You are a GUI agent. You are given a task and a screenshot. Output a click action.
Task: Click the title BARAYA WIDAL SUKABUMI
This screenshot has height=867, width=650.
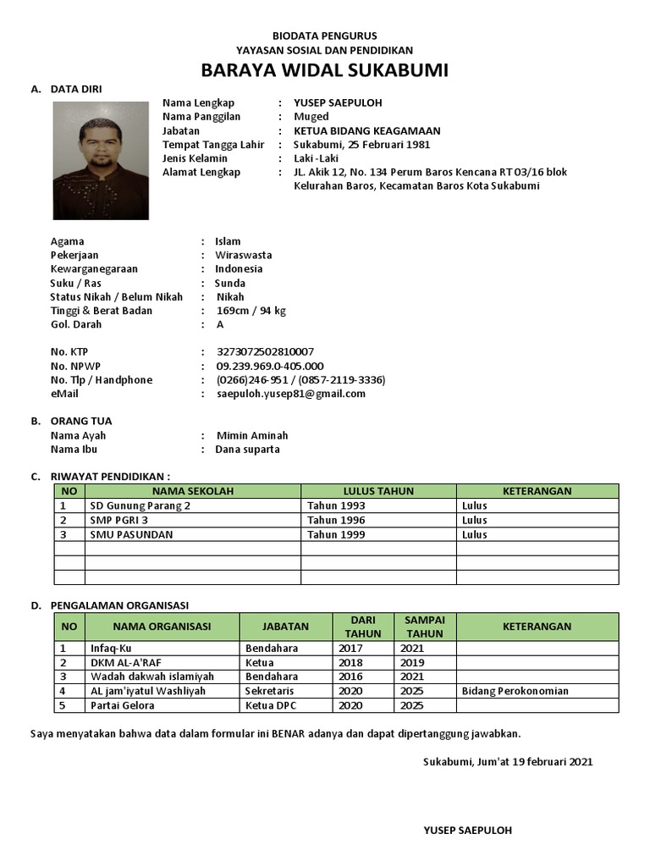coord(325,69)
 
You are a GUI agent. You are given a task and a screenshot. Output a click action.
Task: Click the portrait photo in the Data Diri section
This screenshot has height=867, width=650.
coord(101,161)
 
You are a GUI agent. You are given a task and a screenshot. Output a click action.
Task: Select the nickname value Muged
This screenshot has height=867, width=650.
coord(311,117)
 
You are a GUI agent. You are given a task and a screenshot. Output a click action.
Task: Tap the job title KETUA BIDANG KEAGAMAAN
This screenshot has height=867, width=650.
coord(366,130)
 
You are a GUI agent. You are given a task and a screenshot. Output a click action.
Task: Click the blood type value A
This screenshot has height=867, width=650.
coord(220,324)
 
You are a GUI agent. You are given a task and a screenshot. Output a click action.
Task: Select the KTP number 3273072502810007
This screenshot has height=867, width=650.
coord(266,351)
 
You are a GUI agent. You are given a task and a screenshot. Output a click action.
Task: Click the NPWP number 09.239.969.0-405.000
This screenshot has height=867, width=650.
coord(270,366)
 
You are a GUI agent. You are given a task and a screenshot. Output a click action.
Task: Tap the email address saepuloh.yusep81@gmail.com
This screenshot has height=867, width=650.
coord(291,394)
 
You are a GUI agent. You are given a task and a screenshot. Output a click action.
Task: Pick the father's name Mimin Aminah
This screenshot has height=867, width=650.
coord(252,435)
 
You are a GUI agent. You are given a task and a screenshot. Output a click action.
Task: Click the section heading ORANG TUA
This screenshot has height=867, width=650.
coord(81,421)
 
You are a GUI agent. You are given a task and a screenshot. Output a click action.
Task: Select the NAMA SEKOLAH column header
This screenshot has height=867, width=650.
coord(193,491)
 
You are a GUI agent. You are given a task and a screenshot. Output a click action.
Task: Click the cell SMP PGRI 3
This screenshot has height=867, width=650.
coord(119,520)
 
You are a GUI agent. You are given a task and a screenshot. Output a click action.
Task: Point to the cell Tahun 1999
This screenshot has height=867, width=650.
coord(336,534)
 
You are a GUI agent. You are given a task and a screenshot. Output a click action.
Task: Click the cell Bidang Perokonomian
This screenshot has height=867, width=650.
coord(515,691)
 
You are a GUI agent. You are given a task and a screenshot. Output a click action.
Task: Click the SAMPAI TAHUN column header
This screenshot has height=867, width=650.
coord(424,627)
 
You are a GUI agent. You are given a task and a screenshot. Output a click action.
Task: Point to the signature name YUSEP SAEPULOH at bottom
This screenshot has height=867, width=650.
coord(467,831)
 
